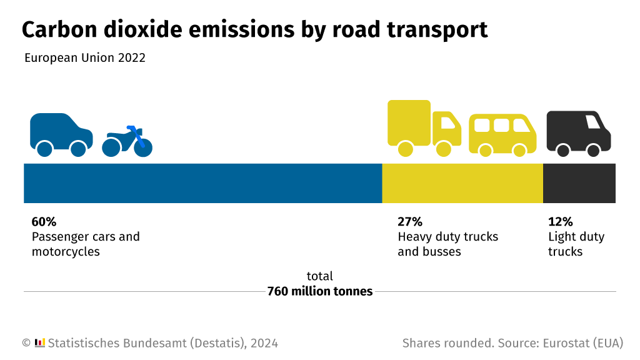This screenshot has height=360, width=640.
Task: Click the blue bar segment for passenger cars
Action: click(x=202, y=183)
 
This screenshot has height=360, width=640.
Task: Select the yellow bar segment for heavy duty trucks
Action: click(x=462, y=183)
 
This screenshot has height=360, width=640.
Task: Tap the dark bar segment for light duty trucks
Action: click(x=579, y=183)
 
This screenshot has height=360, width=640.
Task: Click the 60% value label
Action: click(x=44, y=221)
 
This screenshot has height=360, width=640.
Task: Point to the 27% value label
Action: click(x=410, y=221)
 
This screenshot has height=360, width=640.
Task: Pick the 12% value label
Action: click(x=561, y=221)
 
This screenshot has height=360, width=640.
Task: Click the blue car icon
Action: click(x=61, y=134)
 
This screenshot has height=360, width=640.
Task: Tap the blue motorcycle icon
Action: click(x=127, y=142)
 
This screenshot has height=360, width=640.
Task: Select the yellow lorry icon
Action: click(x=423, y=128)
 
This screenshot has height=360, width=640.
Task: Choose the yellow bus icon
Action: click(x=502, y=134)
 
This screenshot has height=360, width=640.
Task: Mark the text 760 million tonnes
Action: click(x=320, y=291)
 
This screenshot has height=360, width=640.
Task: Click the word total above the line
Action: click(x=320, y=276)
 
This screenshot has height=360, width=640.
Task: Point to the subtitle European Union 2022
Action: click(x=85, y=58)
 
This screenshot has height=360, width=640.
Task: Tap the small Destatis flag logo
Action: click(x=39, y=342)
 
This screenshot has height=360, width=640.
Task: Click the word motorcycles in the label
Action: click(x=66, y=252)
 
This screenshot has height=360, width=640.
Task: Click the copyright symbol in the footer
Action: click(x=26, y=343)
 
